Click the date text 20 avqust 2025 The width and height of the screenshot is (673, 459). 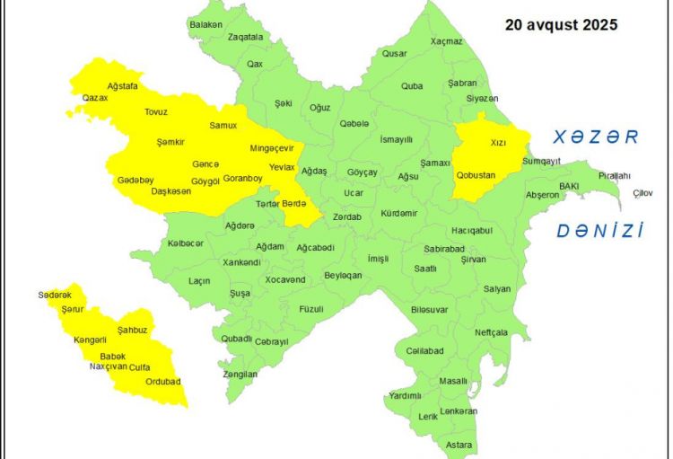click(x=561, y=25)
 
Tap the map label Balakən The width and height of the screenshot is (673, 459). click(x=205, y=24)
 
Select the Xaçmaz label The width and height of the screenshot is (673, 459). click(x=446, y=41)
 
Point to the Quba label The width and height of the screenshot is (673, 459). click(x=412, y=86)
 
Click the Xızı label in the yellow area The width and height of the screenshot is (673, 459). click(x=499, y=142)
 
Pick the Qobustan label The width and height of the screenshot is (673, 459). click(x=476, y=175)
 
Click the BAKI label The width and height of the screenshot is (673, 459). click(x=569, y=186)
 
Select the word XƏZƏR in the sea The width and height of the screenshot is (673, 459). click(x=595, y=137)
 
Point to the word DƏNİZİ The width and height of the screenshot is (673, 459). click(x=600, y=231)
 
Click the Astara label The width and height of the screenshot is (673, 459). click(x=459, y=445)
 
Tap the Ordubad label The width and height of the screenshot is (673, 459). click(x=163, y=382)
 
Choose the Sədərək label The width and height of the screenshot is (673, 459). click(x=54, y=296)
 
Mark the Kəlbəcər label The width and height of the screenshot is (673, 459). click(x=186, y=243)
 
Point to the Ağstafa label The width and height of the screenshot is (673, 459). click(x=122, y=85)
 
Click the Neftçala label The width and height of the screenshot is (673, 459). click(x=491, y=332)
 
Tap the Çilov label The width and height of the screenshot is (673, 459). click(x=642, y=193)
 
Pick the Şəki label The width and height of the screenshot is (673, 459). click(x=284, y=103)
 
